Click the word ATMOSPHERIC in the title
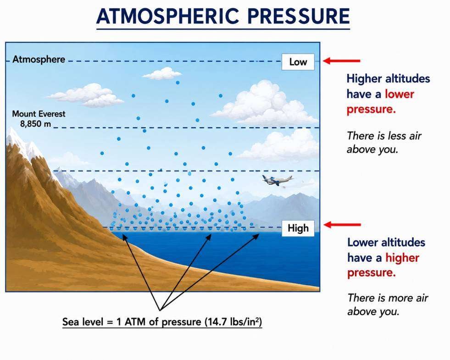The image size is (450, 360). (x=167, y=16)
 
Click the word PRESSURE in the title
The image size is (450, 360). (x=299, y=16)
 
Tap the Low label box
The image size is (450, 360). (x=298, y=61)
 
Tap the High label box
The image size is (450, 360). (x=298, y=228)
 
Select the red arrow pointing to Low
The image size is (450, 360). (x=342, y=61)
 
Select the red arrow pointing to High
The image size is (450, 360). (x=342, y=225)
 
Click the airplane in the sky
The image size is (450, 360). (x=277, y=180)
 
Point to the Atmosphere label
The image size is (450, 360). (x=39, y=60)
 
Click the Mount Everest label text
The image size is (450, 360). (x=39, y=114)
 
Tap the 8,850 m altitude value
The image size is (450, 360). (x=36, y=124)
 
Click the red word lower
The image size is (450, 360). (x=399, y=94)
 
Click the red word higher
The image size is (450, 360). (x=402, y=258)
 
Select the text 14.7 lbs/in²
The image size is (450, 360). (x=233, y=321)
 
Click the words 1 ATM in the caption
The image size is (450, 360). (x=131, y=322)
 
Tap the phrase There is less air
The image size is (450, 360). (x=384, y=136)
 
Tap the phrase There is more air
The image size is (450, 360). (x=388, y=298)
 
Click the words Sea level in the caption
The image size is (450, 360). (x=83, y=322)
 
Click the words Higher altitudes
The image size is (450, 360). (x=388, y=78)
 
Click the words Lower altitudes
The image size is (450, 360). (x=386, y=243)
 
